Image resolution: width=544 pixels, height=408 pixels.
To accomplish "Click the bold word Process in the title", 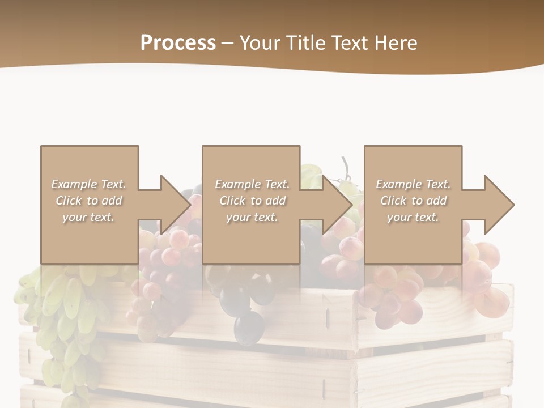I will [x=178, y=43].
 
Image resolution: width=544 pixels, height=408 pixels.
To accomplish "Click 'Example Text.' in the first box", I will [x=88, y=184].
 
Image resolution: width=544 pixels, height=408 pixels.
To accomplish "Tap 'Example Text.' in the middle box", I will [x=252, y=184].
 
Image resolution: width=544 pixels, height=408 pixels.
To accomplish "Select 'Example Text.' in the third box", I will [x=413, y=184].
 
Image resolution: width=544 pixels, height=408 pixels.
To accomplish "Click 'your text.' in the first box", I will [x=88, y=217].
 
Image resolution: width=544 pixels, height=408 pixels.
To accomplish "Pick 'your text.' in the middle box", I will [x=252, y=217].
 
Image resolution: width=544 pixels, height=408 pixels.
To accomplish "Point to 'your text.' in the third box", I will [x=413, y=217].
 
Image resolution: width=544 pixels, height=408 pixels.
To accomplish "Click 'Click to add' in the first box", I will [x=88, y=201].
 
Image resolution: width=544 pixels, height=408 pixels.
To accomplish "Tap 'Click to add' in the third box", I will [x=413, y=201].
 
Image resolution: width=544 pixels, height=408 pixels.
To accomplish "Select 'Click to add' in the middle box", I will [x=252, y=201].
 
